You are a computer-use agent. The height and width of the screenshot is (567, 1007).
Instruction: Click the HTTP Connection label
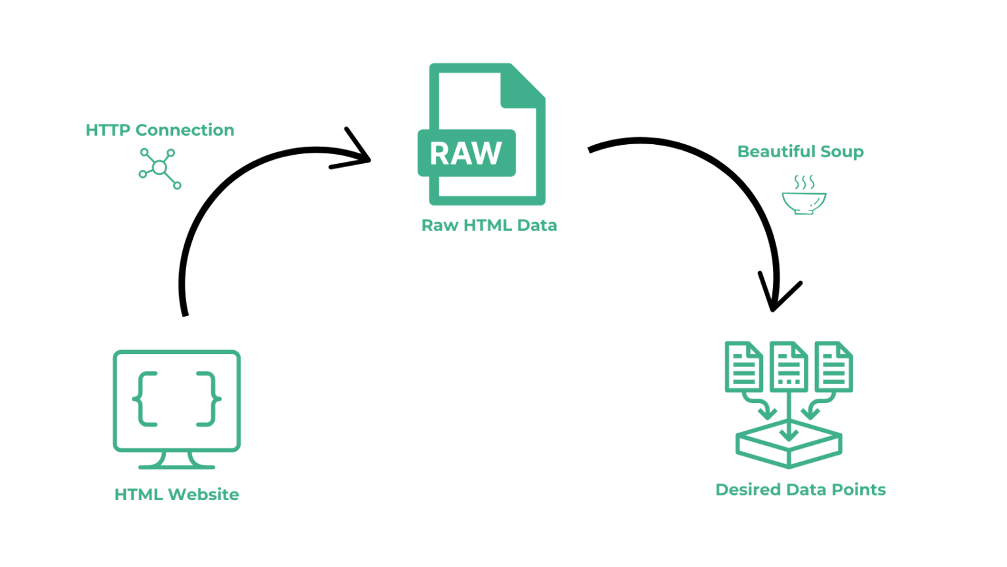159,130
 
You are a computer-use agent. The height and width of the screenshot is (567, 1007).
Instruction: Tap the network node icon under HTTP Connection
159,168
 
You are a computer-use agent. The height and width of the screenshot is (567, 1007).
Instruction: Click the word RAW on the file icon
465,153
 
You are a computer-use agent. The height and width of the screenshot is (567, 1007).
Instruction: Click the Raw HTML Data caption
488,225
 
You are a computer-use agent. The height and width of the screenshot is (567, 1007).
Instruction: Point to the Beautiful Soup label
800,151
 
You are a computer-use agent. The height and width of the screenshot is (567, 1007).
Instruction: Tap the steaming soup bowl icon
804,201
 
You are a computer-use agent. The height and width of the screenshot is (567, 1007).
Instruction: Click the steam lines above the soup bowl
804,182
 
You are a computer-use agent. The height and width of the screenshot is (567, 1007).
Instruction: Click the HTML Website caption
176,494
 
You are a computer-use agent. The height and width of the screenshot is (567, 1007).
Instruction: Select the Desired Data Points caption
800,490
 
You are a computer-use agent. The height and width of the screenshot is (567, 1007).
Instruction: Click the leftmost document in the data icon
743,367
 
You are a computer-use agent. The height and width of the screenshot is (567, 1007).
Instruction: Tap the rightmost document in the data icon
833,367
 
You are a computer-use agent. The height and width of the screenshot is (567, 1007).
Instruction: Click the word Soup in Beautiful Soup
842,151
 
